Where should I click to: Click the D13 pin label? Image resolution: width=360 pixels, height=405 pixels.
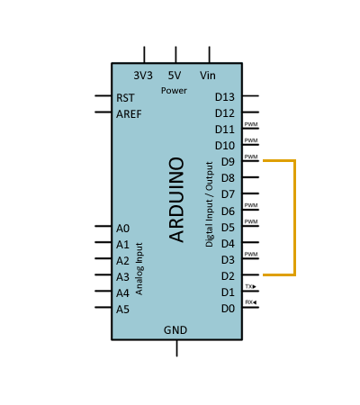coord(225,97)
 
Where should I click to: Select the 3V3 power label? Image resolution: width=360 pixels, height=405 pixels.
coord(143,76)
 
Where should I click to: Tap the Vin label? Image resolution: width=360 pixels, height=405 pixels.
coord(208,76)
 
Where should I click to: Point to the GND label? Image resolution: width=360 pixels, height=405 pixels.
coord(175,330)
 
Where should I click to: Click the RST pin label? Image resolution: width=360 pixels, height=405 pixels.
coord(125,98)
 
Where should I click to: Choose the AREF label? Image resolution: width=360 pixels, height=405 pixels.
coord(129,114)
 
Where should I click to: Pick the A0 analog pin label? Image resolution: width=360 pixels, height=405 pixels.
coord(122,229)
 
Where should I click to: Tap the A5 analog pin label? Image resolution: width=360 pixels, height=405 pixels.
coord(122,310)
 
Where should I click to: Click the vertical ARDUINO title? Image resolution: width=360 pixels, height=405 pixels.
coord(176,200)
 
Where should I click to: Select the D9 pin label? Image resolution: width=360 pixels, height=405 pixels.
coord(228,162)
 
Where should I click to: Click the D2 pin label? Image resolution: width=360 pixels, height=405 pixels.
coord(228,276)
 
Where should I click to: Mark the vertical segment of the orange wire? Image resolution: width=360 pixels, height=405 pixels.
coord(295,218)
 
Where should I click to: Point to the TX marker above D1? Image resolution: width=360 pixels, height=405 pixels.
coord(251,286)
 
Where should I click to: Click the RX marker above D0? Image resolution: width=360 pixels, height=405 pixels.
coord(251,302)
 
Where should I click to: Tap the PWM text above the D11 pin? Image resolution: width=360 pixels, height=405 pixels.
coord(251,124)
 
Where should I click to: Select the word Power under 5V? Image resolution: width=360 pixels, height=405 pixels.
coord(174,91)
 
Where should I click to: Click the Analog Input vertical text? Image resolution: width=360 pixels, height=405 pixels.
coord(139,269)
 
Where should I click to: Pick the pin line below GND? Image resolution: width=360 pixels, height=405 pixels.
coord(176,348)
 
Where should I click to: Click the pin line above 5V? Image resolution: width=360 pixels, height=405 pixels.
coord(175,55)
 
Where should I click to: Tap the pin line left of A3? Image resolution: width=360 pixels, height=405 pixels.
coord(103,274)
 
